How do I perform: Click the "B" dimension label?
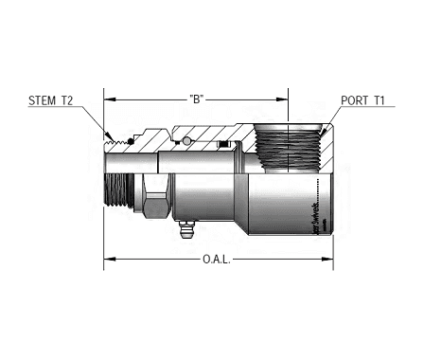[x=198, y=98]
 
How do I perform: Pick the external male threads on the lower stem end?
[x=115, y=190]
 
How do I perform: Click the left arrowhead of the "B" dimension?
[x=108, y=98]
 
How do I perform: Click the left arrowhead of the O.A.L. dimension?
[x=108, y=258]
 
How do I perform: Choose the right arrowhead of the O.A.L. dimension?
[x=327, y=258]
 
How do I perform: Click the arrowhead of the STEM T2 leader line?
[x=110, y=135]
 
